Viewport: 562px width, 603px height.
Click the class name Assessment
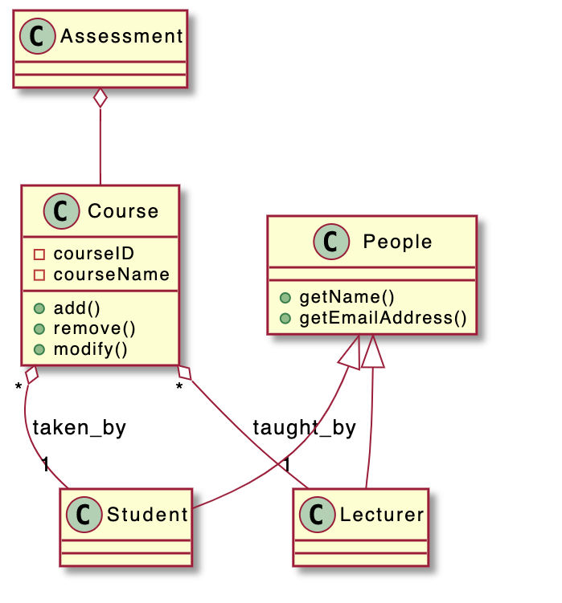[122, 36]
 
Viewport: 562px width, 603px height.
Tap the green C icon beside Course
[65, 211]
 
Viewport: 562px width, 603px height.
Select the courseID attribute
[93, 255]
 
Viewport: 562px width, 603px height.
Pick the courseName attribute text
[111, 275]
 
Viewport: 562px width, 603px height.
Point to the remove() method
[94, 328]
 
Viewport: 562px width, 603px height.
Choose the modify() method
[90, 348]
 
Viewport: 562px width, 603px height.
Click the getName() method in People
[347, 298]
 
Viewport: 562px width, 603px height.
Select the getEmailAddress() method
[383, 317]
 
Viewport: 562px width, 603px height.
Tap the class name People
[397, 242]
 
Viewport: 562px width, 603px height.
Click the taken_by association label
[79, 428]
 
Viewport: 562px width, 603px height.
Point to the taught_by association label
[304, 428]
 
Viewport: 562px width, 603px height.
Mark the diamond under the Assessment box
[101, 99]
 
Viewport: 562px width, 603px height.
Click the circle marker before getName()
[285, 299]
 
